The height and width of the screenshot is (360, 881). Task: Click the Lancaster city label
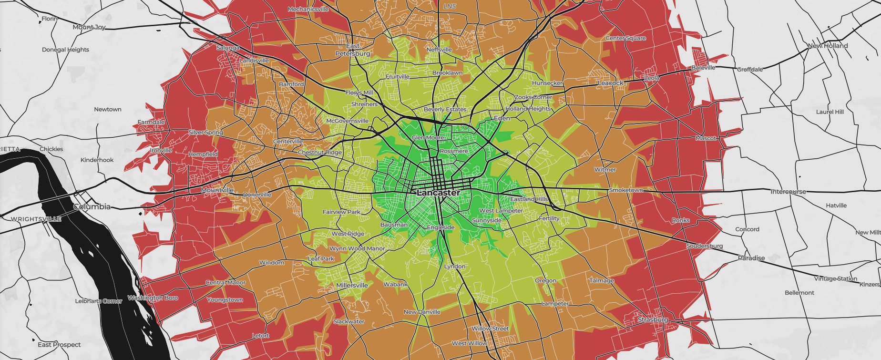click(439, 193)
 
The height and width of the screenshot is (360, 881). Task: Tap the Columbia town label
click(92, 207)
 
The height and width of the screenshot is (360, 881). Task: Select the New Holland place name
click(828, 46)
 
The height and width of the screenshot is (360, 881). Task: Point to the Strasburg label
click(653, 319)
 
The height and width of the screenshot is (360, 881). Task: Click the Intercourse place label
click(788, 192)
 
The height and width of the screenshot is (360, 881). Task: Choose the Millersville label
click(352, 285)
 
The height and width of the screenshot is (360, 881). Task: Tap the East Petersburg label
click(353, 50)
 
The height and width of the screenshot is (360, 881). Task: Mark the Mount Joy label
click(89, 27)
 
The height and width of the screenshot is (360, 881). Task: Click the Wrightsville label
click(36, 219)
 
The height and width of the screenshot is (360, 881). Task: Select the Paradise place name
click(751, 258)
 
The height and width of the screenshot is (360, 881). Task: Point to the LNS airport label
click(450, 6)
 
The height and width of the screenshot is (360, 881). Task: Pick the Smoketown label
click(626, 190)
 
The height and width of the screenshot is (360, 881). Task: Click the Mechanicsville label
click(308, 9)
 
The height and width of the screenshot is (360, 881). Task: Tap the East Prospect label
click(59, 344)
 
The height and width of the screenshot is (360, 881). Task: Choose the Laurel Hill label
click(830, 112)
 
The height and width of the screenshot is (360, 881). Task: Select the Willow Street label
click(490, 329)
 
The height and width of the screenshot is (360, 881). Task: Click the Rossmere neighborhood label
click(454, 151)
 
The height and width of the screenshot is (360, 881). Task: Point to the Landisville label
click(254, 61)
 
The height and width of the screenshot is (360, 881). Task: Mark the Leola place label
click(652, 78)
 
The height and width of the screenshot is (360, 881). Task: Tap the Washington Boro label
click(153, 298)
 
